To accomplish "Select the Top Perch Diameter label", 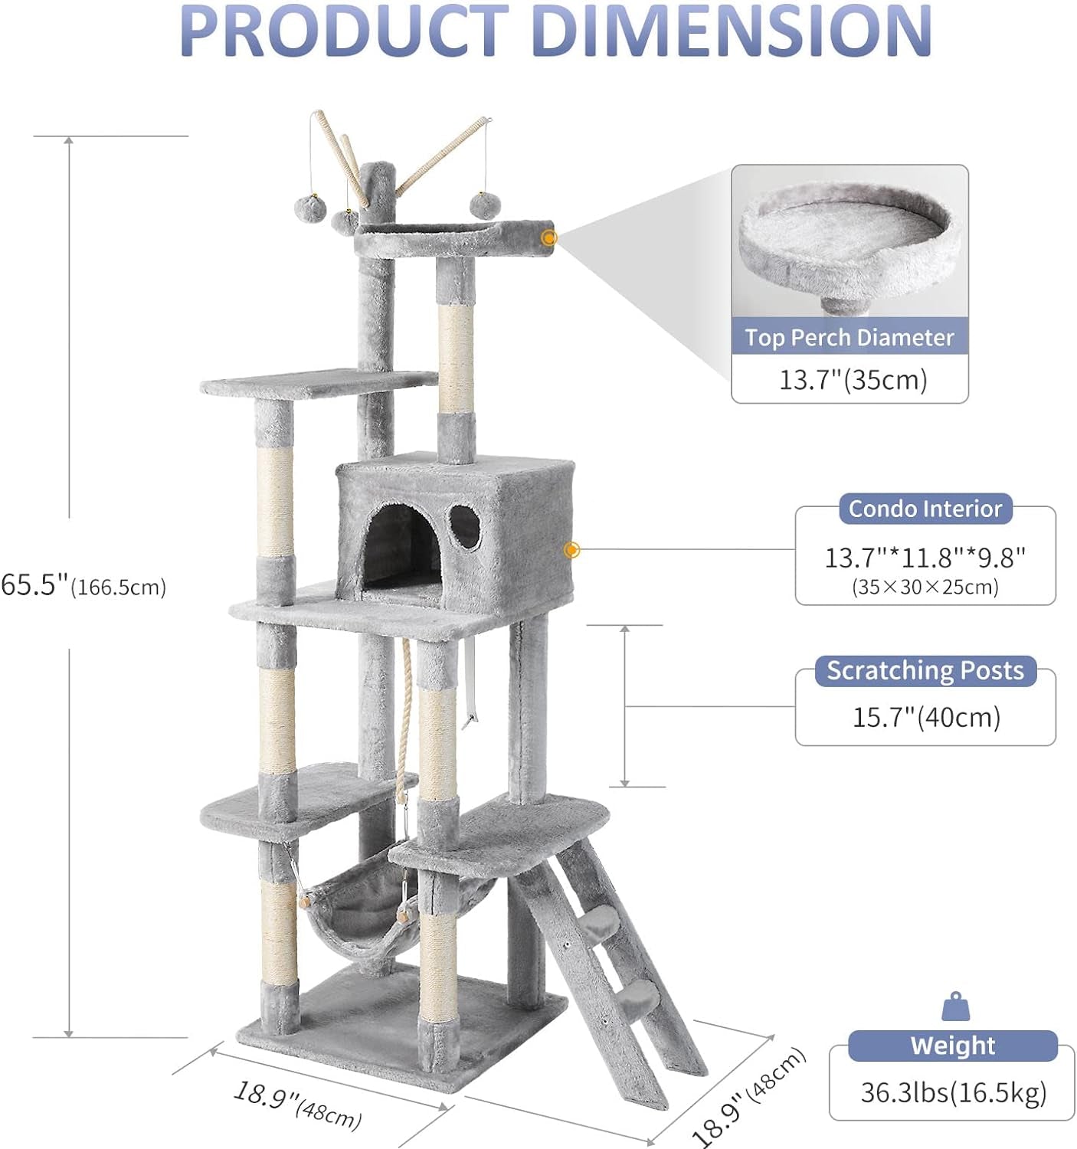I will [849, 338].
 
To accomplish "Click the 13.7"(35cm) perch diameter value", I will [853, 379].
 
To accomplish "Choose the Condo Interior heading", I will [925, 509].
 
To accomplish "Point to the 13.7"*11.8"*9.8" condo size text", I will [925, 558].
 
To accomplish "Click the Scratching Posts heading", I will [925, 671].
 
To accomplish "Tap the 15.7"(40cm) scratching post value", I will [926, 718].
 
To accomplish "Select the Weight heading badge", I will [952, 1046].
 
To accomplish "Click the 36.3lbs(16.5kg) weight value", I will [953, 1093].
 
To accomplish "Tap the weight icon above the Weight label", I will [955, 1007].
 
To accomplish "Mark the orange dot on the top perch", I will [548, 238].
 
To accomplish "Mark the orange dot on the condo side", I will [571, 550].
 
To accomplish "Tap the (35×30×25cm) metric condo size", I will [925, 588].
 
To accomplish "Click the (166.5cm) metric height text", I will [119, 588].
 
